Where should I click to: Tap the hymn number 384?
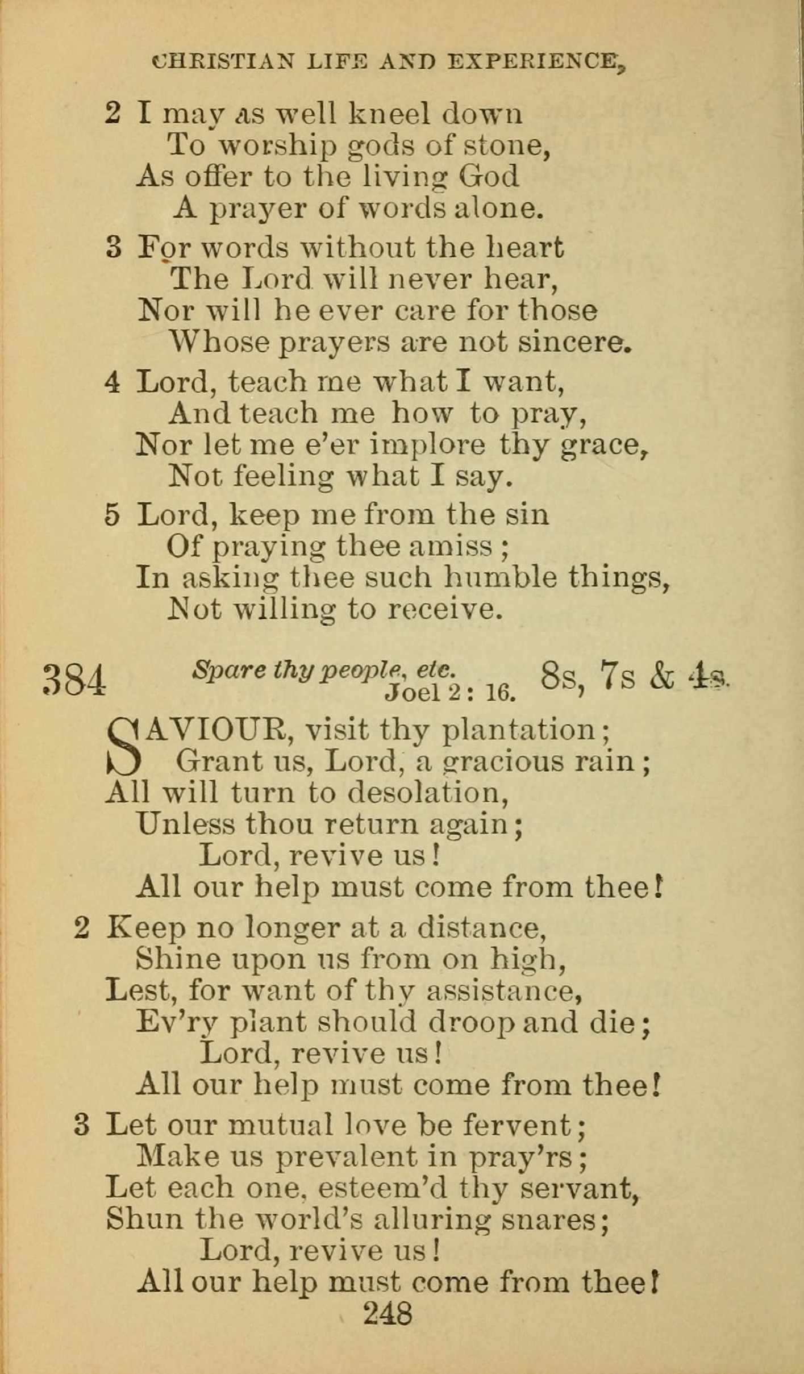pyautogui.click(x=74, y=680)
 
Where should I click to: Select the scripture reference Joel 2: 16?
pyautogui.click(x=450, y=692)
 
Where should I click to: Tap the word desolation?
pyautogui.click(x=427, y=793)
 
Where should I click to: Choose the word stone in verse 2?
pyautogui.click(x=505, y=145)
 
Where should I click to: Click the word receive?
pyautogui.click(x=444, y=609)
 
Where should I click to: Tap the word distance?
pyautogui.click(x=481, y=928)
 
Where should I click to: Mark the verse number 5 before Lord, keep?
pyautogui.click(x=113, y=515)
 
